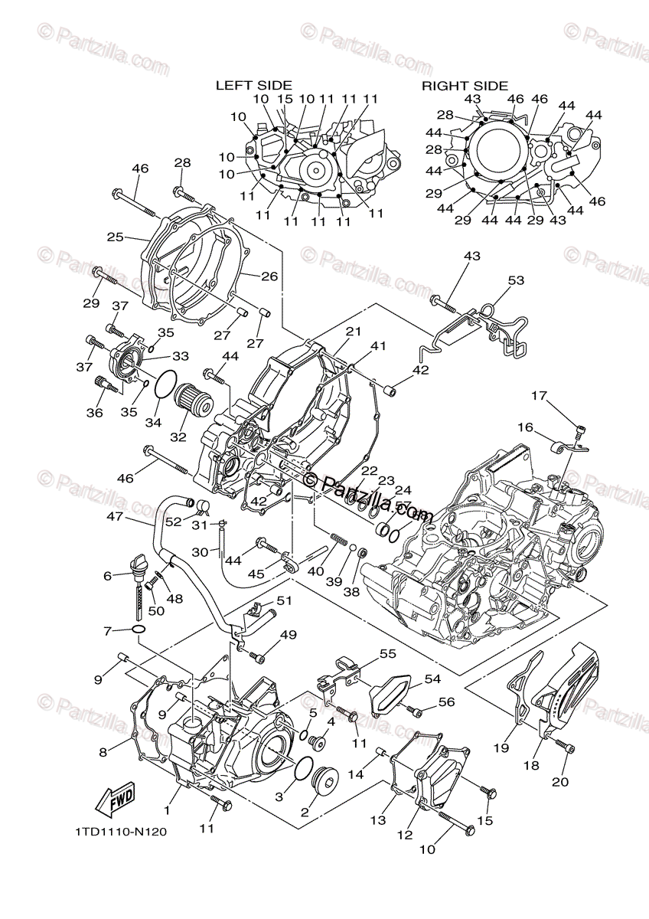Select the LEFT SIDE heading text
[x=253, y=86]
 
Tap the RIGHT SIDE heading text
[x=465, y=86]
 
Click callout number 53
[x=517, y=281]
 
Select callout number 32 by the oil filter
[x=178, y=437]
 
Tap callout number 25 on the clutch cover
[x=116, y=237]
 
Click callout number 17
[x=540, y=395]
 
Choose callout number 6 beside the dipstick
[x=108, y=576]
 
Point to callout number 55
[x=388, y=653]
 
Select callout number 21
[x=352, y=331]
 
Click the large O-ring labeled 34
[x=164, y=384]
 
